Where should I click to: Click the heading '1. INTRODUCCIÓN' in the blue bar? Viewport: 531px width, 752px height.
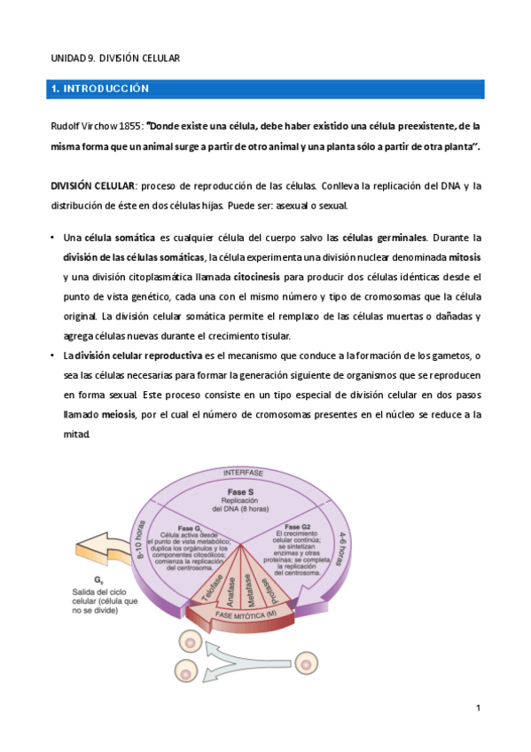click(x=100, y=90)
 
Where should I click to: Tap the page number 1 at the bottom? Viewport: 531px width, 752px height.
click(x=477, y=707)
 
